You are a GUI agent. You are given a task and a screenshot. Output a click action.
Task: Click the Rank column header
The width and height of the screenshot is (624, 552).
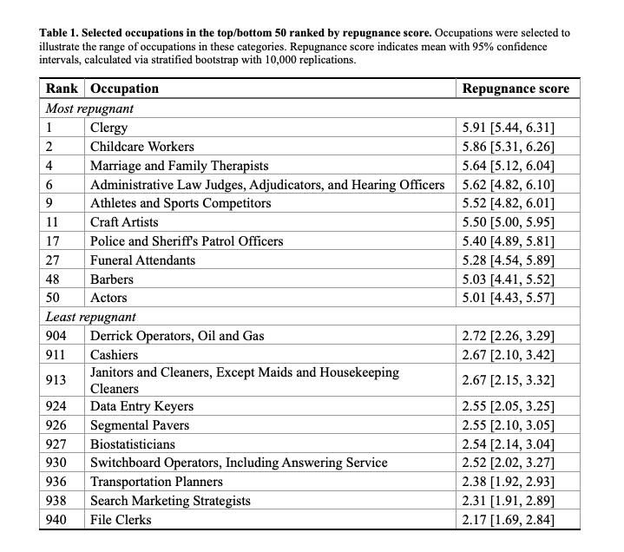pos(62,89)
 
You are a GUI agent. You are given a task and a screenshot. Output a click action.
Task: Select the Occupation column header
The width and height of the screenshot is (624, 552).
pos(125,89)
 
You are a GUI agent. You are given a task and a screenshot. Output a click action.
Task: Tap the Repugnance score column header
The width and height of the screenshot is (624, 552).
pos(516,89)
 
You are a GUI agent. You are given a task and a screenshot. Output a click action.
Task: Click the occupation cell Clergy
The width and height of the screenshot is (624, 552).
pos(109,128)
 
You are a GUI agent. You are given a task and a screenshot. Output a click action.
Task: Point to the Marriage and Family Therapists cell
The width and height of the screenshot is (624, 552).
pos(180,166)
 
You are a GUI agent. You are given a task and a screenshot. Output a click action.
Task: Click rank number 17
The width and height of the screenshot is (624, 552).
pos(53,241)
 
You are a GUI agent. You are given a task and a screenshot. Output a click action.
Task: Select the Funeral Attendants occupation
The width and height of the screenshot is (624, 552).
pos(143,260)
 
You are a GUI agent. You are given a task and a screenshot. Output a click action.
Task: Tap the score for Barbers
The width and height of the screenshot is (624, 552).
pos(509,279)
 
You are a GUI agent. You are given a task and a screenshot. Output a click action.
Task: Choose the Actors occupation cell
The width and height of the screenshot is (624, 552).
pos(108,299)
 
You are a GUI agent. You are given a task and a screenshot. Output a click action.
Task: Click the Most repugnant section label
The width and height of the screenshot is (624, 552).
pos(89,108)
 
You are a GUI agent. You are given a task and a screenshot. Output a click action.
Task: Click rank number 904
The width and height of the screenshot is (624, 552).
pos(56,336)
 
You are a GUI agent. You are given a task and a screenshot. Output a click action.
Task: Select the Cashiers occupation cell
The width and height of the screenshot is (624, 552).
pos(115,355)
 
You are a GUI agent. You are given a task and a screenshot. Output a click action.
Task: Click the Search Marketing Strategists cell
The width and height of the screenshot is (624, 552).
pos(170,501)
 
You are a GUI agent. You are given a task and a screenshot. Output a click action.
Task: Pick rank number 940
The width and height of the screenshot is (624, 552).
pos(56,520)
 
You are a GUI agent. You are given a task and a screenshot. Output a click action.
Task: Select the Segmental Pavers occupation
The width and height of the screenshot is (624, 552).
pos(140,425)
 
